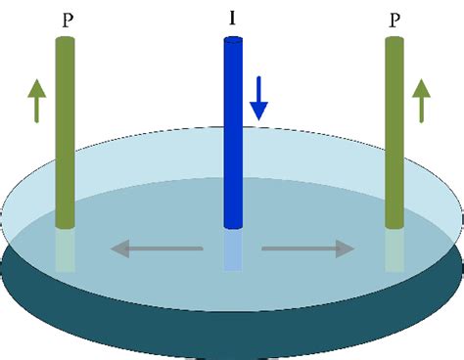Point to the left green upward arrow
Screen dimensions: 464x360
36,102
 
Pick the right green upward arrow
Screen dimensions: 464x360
421,102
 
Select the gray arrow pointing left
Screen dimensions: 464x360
156,248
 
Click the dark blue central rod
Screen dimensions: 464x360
233,137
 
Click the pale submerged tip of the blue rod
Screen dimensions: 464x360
233,250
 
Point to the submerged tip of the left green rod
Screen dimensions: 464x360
65,249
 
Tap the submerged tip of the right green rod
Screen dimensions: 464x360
394,249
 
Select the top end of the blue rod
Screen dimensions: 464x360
233,40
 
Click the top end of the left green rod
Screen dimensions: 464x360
65,40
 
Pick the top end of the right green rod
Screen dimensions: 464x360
394,40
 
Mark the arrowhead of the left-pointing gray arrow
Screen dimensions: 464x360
118,248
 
